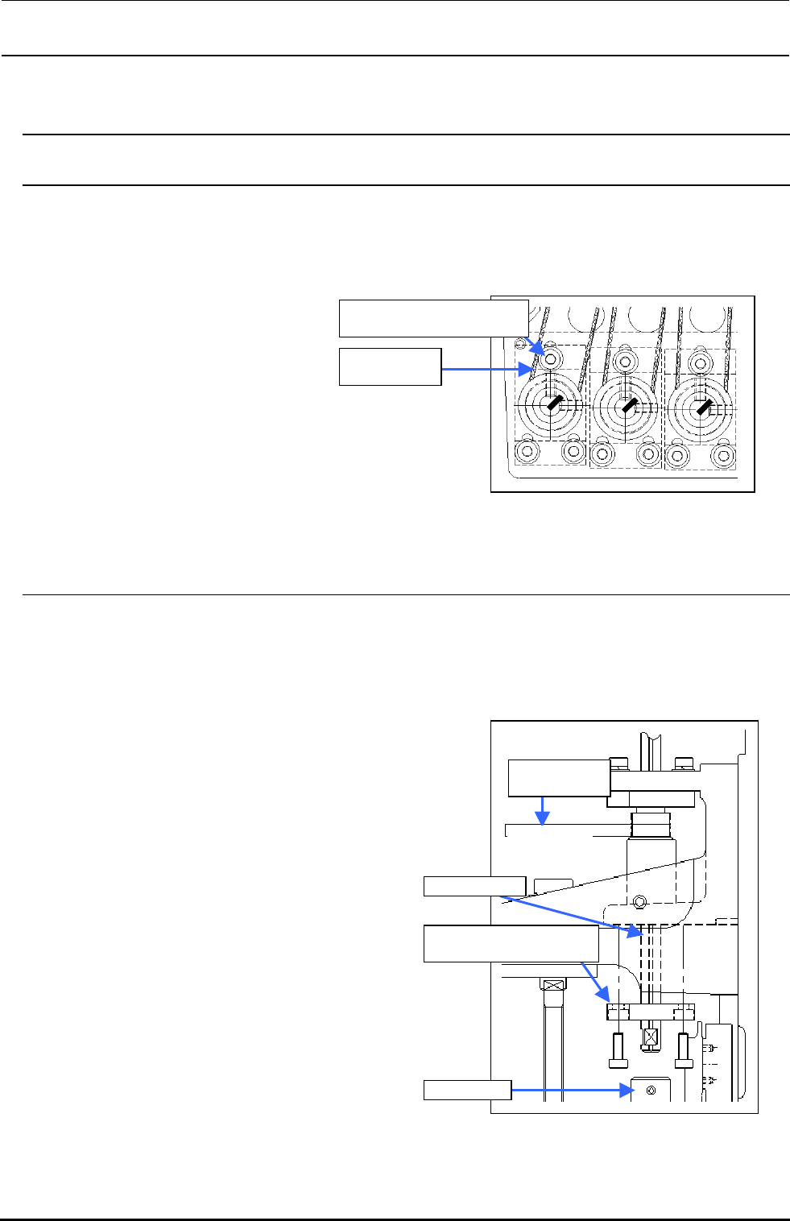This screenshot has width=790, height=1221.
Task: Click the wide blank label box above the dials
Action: point(433,317)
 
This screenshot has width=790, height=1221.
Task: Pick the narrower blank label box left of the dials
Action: point(390,366)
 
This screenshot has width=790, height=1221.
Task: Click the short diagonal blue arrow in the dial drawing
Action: point(537,346)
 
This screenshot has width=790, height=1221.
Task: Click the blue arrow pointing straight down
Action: point(544,811)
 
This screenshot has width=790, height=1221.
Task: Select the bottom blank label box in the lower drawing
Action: point(467,1090)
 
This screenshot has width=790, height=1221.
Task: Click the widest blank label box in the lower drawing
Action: point(511,943)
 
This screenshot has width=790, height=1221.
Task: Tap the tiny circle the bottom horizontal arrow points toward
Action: point(651,1090)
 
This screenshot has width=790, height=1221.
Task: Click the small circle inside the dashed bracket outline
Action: point(640,900)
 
